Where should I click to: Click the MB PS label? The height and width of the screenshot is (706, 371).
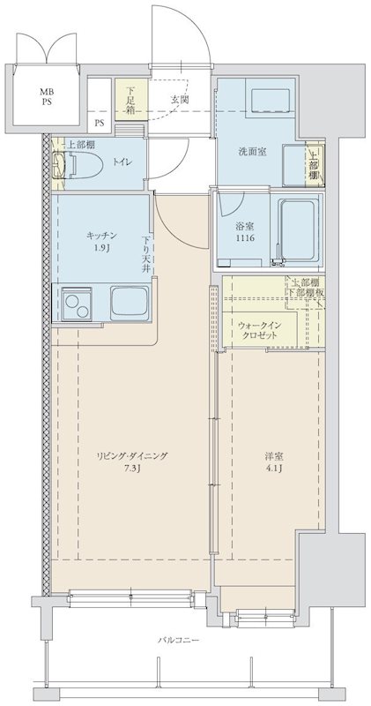click(x=44, y=95)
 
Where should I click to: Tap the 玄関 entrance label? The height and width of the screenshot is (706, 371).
click(x=181, y=99)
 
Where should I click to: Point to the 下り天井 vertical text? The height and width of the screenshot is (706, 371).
click(x=148, y=253)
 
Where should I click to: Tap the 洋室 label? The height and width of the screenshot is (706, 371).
click(x=274, y=455)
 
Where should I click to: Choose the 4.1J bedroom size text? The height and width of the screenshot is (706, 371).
click(x=274, y=469)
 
